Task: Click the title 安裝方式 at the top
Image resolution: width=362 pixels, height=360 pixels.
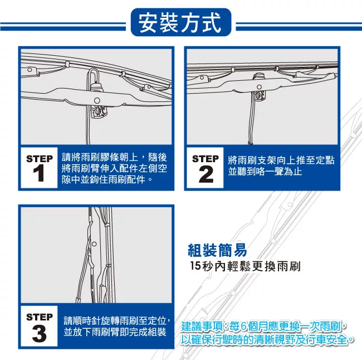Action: point(180,23)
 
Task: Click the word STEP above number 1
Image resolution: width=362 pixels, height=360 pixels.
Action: point(40,159)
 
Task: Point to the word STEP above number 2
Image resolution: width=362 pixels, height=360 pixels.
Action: point(206,159)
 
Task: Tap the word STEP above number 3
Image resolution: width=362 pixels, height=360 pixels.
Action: point(40,317)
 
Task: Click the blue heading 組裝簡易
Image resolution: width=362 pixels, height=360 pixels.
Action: point(217,250)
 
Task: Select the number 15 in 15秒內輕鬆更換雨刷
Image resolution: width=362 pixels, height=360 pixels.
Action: point(195,266)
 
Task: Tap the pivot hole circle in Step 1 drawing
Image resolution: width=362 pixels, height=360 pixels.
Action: point(97,100)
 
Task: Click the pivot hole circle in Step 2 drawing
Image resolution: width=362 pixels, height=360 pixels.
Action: point(260,87)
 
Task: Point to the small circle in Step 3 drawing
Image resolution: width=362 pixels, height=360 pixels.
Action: point(94,244)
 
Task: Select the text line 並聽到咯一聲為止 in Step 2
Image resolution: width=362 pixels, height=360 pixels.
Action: point(265,172)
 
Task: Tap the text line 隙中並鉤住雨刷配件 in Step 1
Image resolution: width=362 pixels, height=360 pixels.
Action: point(104,179)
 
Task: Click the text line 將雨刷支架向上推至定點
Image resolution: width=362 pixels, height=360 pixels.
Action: point(281,160)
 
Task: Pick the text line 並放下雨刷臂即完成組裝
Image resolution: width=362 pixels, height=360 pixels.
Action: point(115,332)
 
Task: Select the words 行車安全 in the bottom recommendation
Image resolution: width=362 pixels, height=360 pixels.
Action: point(326,340)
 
